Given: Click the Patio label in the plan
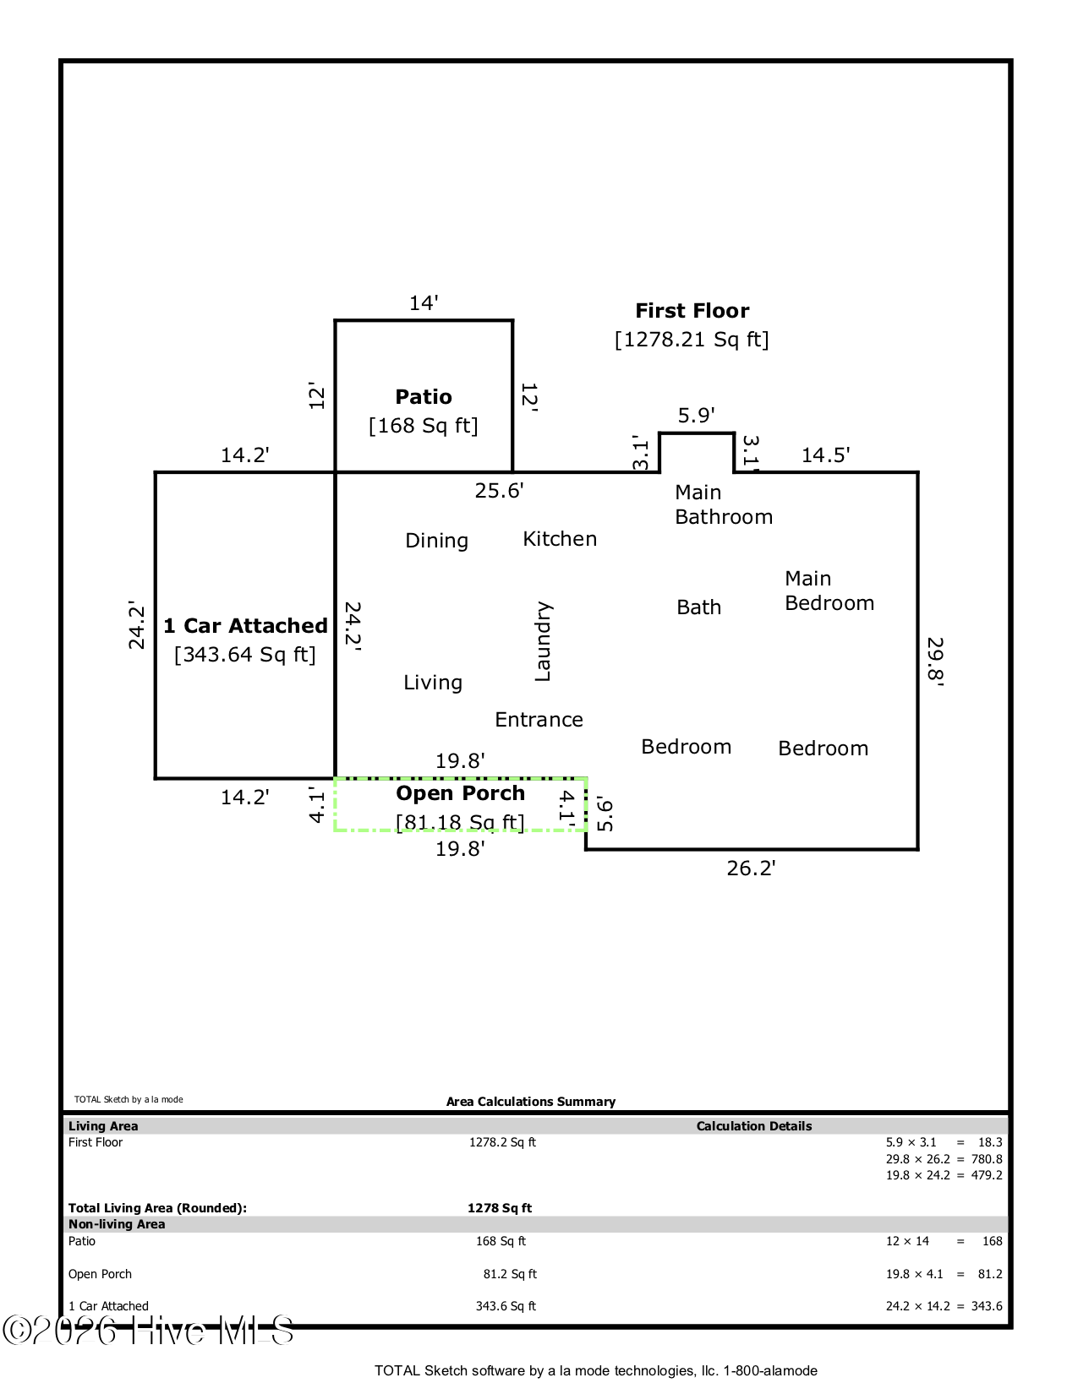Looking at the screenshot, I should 424,397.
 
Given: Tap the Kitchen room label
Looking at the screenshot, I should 560,539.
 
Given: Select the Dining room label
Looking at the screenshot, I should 436,541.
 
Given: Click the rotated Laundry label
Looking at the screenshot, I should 543,641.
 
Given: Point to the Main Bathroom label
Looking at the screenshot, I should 723,504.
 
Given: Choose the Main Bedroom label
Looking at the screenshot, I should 829,591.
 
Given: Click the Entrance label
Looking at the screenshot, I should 539,720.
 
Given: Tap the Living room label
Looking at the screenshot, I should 432,683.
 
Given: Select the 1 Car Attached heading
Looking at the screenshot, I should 245,626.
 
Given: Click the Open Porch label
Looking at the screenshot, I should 460,793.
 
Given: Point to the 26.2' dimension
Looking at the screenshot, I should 751,869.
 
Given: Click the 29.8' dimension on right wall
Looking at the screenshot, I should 935,662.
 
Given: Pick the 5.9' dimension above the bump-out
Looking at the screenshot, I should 696,416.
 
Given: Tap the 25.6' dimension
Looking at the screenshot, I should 499,491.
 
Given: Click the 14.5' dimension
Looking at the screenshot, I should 825,455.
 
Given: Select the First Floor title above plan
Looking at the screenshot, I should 692,311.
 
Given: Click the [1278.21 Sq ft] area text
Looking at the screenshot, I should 692,340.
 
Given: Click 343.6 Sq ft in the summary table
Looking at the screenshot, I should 506,1306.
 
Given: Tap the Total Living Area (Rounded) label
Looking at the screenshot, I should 157,1208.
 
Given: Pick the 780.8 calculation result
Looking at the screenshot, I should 986,1159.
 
